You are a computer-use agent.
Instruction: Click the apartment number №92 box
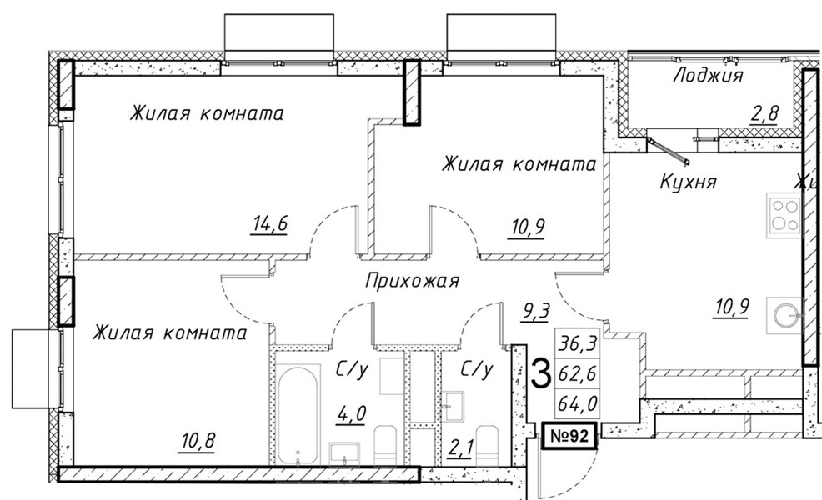point(569,436)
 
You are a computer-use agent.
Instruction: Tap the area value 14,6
point(269,224)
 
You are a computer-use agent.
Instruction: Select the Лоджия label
point(708,76)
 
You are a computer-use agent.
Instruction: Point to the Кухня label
point(687,182)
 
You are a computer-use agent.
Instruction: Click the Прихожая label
point(412,280)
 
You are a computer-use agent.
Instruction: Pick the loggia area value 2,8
point(764,113)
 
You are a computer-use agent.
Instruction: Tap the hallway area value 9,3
point(534,312)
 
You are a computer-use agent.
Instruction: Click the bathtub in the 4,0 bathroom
point(298,414)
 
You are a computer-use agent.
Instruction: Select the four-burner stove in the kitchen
point(784,214)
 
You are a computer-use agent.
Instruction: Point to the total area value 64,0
point(577,403)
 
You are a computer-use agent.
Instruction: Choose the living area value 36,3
point(577,344)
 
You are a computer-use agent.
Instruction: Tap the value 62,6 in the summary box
point(577,374)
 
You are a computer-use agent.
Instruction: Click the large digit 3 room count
point(540,372)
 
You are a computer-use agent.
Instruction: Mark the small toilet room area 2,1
point(461,448)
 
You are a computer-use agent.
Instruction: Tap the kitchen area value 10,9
point(732,307)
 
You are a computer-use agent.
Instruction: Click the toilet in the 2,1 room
point(487,445)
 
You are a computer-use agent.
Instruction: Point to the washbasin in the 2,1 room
point(453,406)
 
